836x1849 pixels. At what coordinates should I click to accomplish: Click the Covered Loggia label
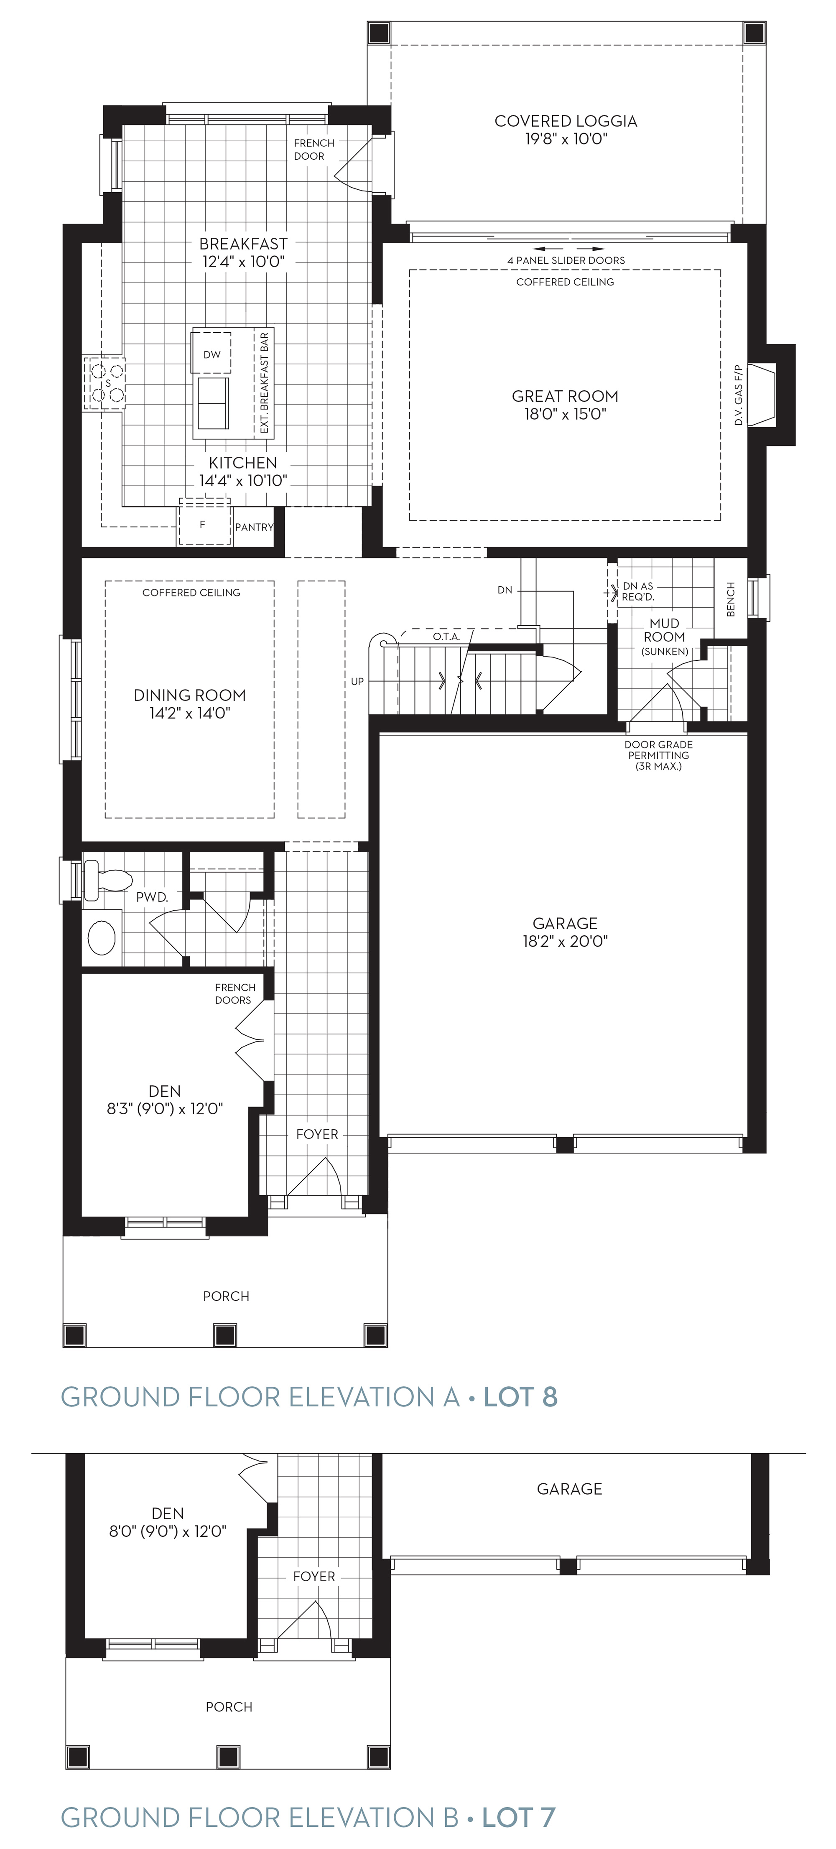pos(566,121)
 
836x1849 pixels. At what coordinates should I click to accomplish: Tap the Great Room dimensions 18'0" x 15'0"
pos(566,414)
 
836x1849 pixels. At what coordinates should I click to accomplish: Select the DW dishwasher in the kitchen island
pos(212,352)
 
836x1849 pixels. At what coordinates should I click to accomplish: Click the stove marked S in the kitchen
pos(105,383)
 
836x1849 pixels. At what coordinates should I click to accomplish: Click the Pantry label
pos(254,527)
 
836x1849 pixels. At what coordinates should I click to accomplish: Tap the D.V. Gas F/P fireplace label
pos(739,395)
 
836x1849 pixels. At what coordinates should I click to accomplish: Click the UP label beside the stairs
pos(357,681)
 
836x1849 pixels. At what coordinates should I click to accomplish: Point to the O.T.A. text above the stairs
pos(446,637)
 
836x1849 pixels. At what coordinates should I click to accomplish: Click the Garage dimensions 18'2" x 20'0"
pos(566,941)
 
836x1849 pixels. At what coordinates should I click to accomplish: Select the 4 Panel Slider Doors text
pos(566,260)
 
